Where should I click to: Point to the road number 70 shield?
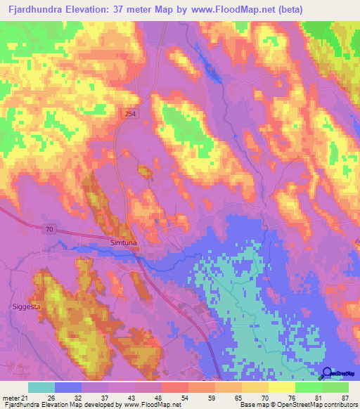point(48,230)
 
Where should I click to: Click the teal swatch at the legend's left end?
point(41,387)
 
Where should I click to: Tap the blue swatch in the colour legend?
point(68,387)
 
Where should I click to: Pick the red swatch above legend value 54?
point(175,387)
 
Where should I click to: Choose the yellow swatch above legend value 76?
point(282,387)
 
